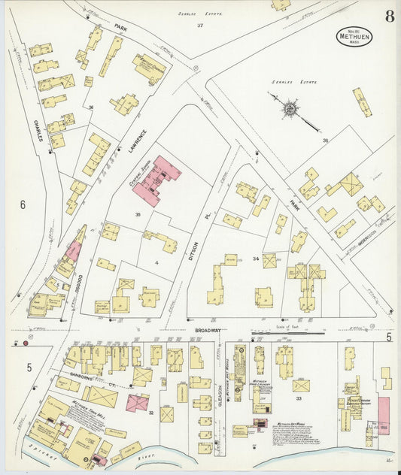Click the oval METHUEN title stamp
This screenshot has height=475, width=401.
(x=353, y=35)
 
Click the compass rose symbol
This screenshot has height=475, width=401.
(x=290, y=108)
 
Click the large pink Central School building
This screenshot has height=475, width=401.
(x=156, y=181)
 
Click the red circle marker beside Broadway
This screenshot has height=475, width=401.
(x=26, y=343)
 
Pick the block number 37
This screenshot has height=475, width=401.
(x=200, y=26)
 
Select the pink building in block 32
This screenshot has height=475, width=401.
(x=136, y=403)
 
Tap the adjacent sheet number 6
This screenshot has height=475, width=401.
(x=23, y=204)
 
